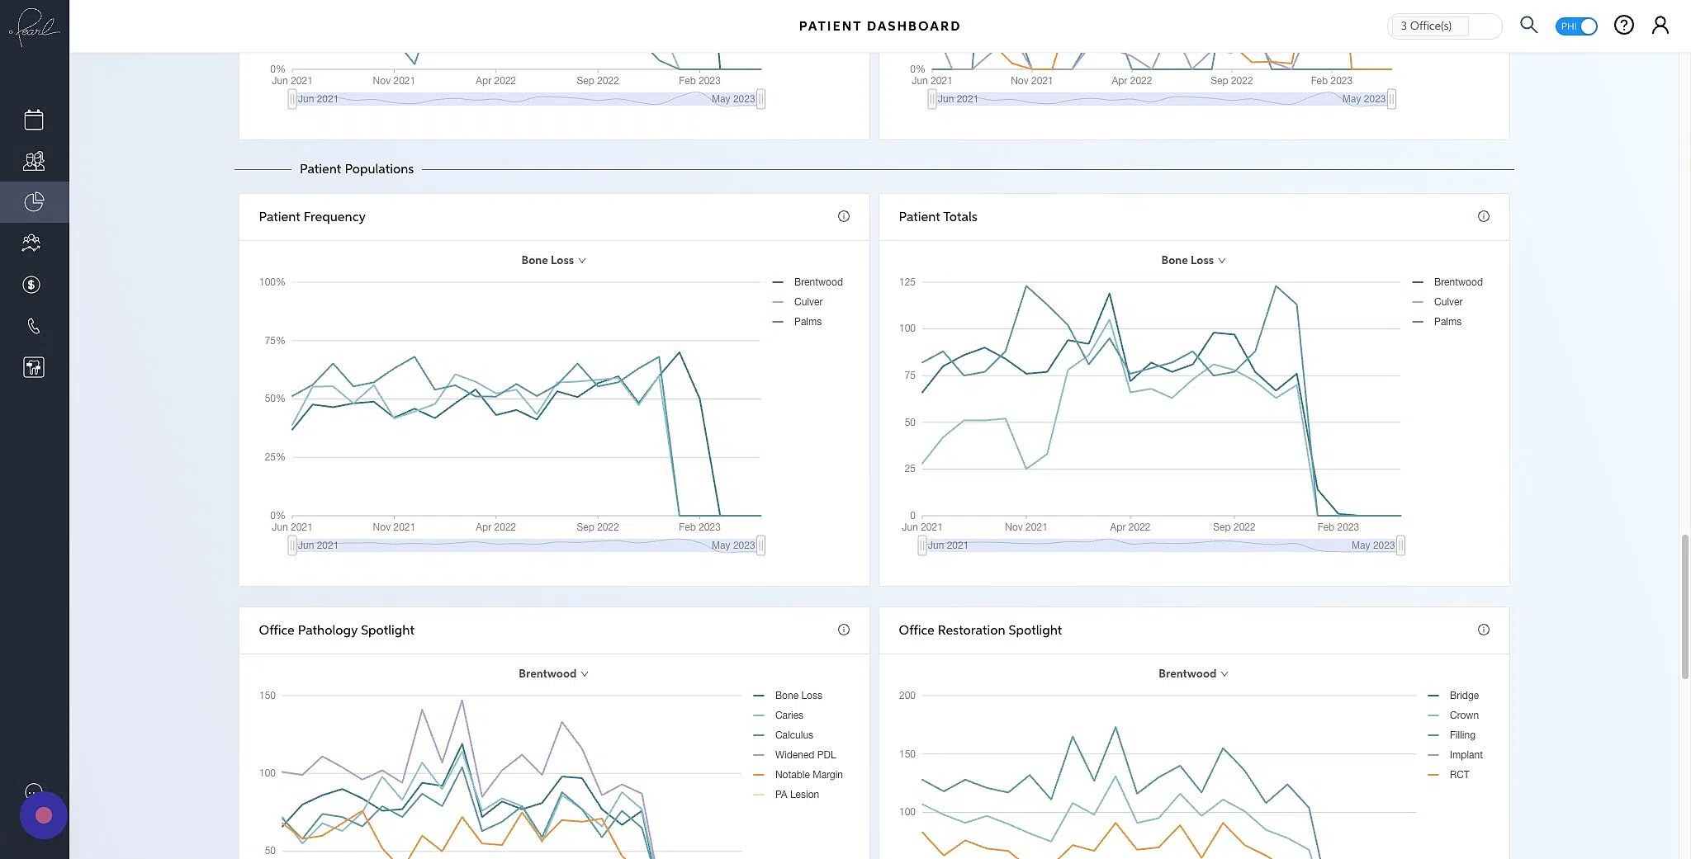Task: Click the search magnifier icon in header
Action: click(1528, 25)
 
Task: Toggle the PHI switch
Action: click(1575, 26)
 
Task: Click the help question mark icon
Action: click(1623, 26)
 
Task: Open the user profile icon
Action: click(1660, 26)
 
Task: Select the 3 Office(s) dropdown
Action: click(1443, 26)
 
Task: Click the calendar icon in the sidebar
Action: click(34, 120)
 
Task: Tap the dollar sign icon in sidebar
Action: click(31, 285)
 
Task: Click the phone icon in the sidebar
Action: click(33, 327)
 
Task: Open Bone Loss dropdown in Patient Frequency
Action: click(553, 260)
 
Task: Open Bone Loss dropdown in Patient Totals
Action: click(1193, 260)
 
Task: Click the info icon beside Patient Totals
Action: click(1483, 216)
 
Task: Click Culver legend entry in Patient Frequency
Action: click(808, 302)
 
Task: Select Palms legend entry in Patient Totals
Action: click(1447, 322)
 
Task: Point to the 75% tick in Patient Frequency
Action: click(274, 341)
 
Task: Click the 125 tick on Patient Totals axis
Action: click(907, 282)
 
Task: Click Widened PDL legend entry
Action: click(804, 755)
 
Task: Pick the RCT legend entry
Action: click(1458, 775)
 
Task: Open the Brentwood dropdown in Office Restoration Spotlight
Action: click(1193, 673)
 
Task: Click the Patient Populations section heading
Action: click(356, 169)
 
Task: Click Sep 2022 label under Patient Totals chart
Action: click(1234, 527)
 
